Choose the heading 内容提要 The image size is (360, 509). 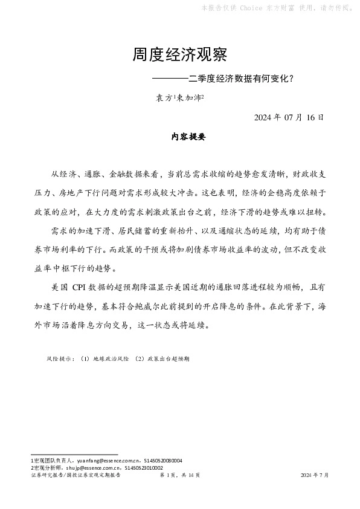[x=189, y=137]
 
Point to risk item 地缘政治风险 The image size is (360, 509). [x=111, y=358]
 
